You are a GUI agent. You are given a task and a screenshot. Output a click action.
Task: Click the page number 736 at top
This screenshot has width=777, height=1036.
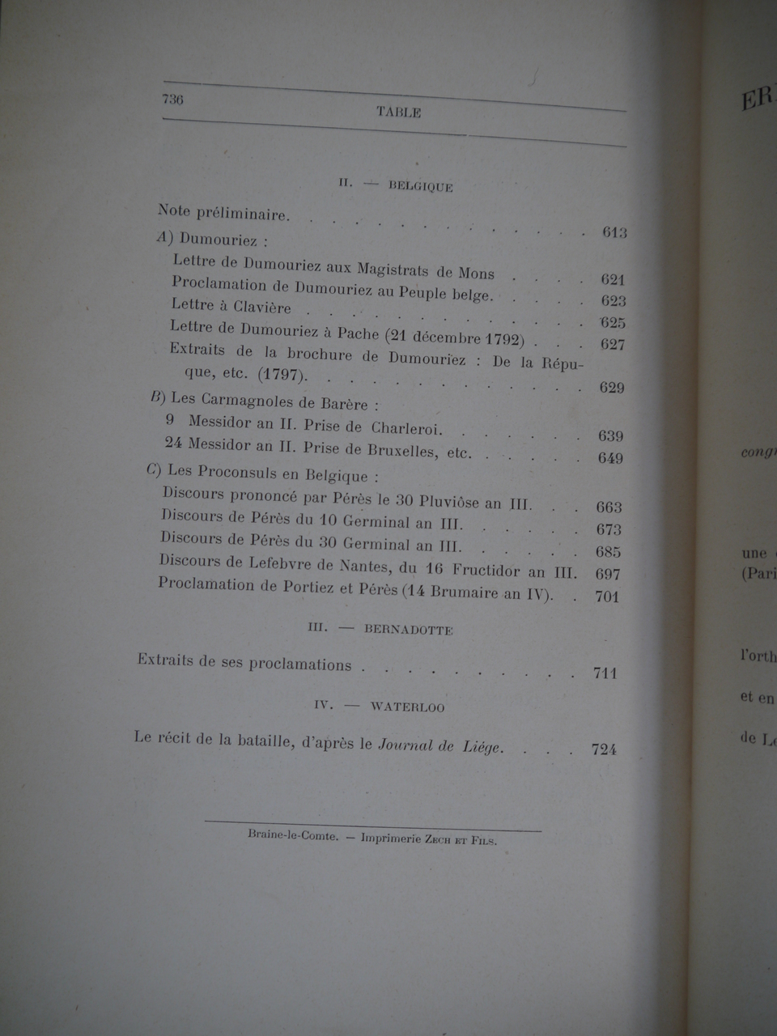(173, 100)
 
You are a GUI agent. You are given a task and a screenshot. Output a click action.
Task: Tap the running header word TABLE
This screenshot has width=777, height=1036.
(398, 113)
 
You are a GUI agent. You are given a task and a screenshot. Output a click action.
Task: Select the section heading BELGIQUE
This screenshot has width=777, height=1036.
(420, 187)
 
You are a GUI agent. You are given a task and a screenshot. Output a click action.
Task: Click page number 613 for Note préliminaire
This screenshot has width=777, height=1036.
(614, 233)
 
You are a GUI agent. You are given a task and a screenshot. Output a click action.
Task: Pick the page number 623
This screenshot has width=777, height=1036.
(614, 301)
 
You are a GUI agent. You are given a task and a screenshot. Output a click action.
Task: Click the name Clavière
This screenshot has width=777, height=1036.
(261, 308)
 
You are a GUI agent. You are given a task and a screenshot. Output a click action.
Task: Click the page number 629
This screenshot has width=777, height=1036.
(611, 388)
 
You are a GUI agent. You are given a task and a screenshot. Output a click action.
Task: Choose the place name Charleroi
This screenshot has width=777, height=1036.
(406, 428)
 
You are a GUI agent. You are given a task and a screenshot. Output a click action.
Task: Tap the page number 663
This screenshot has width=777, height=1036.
(609, 507)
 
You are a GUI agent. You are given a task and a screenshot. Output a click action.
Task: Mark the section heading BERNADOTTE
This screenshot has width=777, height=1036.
(408, 630)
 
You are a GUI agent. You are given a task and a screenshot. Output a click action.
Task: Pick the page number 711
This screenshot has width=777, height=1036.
(605, 673)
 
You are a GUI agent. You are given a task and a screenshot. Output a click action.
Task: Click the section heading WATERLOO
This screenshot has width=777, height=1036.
(407, 707)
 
